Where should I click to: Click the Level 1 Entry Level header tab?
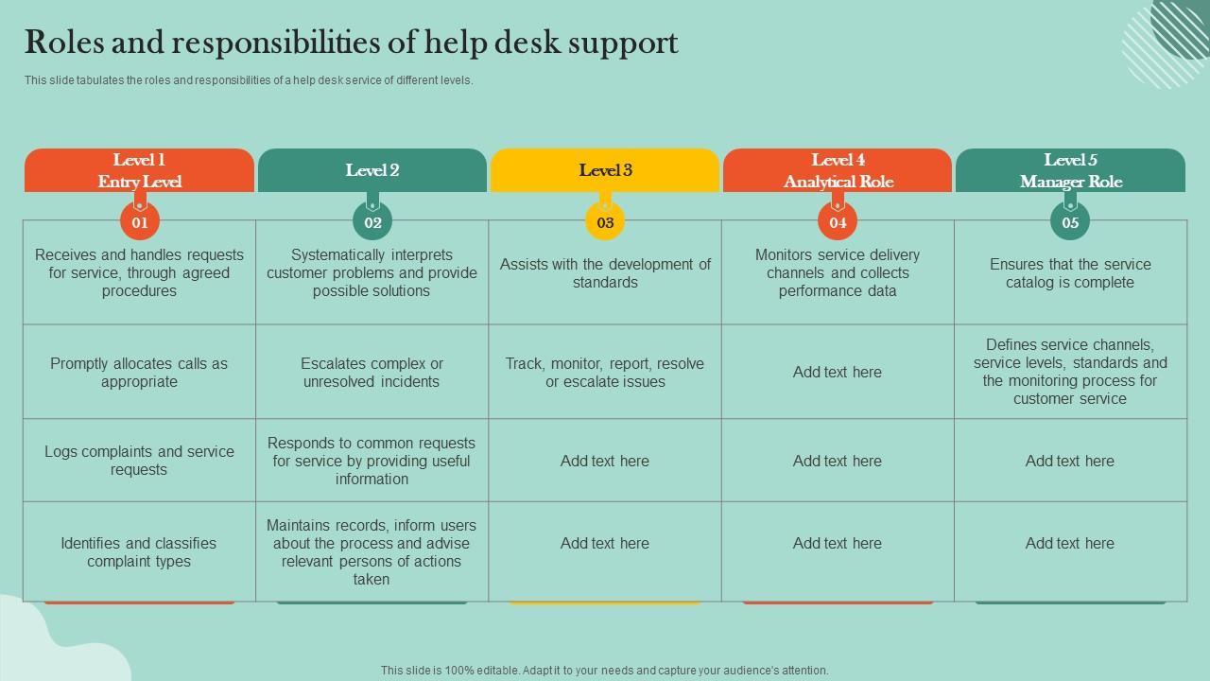(139, 170)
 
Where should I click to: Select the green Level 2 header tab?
(372, 170)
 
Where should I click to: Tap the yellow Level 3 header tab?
(605, 170)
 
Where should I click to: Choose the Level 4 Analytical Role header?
(838, 170)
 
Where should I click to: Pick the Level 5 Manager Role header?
(1070, 170)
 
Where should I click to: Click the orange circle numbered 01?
(140, 222)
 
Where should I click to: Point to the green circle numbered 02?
(372, 222)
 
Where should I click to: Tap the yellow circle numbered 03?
(605, 222)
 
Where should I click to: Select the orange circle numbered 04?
(838, 222)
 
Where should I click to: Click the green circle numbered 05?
(1070, 222)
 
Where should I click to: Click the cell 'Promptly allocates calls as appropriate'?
(139, 373)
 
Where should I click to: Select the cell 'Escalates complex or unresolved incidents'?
(372, 373)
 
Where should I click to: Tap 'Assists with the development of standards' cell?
(605, 273)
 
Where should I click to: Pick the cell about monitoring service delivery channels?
(838, 272)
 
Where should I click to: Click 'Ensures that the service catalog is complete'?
(1070, 273)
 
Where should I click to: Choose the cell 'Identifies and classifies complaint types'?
(139, 552)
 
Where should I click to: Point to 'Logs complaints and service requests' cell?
(139, 461)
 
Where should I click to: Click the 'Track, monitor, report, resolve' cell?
(605, 373)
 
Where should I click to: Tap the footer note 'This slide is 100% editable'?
(605, 670)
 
